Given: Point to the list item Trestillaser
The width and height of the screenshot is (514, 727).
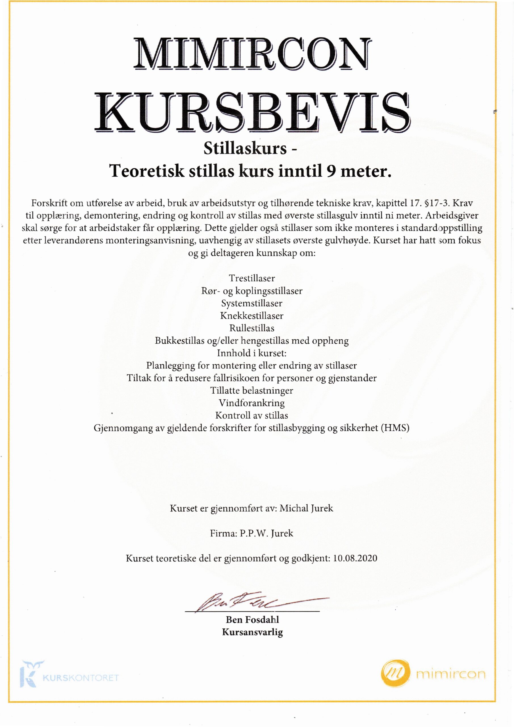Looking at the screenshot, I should (252, 278).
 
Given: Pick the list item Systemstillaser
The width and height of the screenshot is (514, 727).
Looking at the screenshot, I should (252, 303).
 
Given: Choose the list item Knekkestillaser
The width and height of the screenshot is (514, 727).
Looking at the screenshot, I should (252, 316).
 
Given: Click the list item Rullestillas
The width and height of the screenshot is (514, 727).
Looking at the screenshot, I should (252, 328).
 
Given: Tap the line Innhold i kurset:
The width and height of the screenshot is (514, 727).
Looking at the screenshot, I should (252, 353).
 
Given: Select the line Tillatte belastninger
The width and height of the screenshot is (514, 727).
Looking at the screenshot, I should (252, 390).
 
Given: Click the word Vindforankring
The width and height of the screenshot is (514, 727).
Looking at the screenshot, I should (252, 403).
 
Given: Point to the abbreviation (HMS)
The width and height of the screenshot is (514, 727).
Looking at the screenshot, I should (395, 428).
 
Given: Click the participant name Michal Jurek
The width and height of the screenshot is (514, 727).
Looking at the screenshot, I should (306, 509).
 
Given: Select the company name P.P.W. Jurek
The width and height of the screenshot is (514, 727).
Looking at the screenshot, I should (266, 533).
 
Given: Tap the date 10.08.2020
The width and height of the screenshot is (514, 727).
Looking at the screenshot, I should (355, 558).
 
